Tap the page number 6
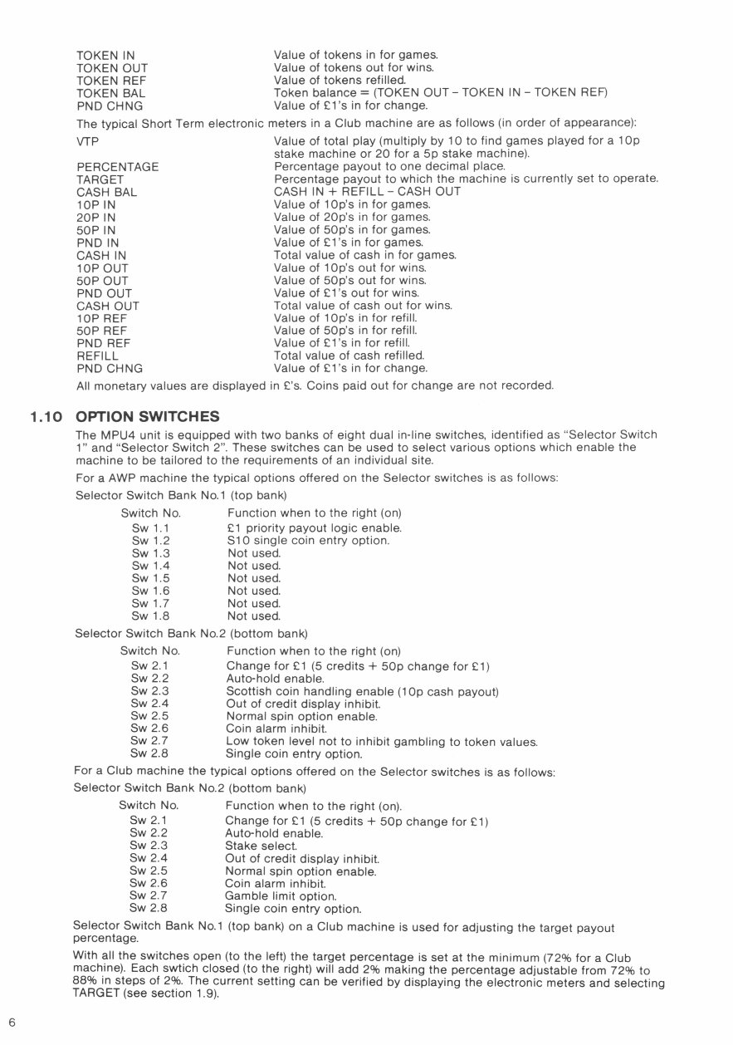tap(12, 1022)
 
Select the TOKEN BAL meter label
tap(110, 93)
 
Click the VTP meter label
tap(87, 142)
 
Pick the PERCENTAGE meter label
tap(117, 167)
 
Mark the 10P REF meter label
tap(103, 317)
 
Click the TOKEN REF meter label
tap(111, 81)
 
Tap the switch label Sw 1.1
tap(150, 528)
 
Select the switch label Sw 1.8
tap(150, 616)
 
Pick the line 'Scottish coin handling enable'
tap(362, 691)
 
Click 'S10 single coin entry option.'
tap(308, 541)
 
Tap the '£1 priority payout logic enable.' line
tap(315, 528)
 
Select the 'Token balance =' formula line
tap(441, 93)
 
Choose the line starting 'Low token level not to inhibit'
tap(381, 741)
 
